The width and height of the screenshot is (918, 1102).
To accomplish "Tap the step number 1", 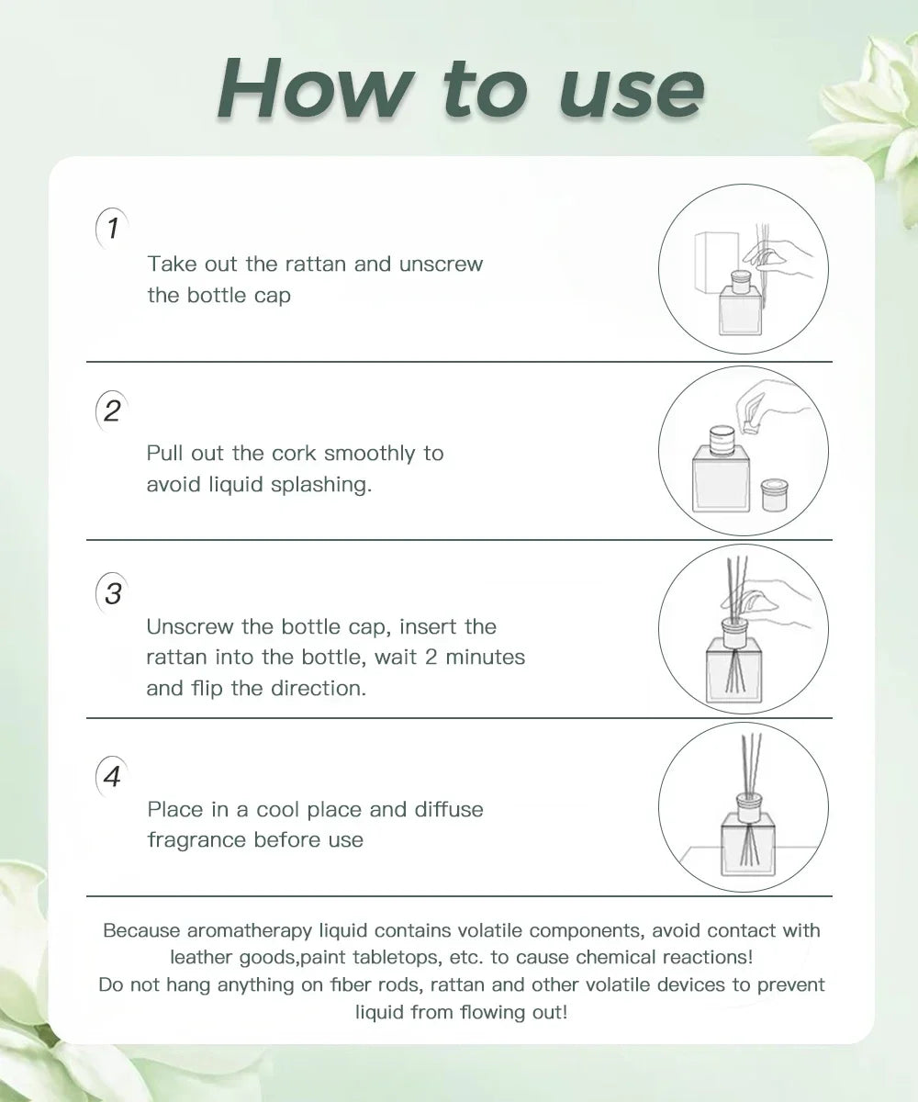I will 112,228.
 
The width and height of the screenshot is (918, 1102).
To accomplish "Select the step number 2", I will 112,410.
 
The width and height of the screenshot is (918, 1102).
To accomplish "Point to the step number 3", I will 112,594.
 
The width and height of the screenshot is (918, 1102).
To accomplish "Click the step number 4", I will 112,777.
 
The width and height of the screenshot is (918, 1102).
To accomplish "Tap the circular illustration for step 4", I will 744,807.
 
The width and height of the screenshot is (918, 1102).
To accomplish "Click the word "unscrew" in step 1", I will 441,264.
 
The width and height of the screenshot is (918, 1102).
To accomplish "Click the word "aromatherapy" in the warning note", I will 245,930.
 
